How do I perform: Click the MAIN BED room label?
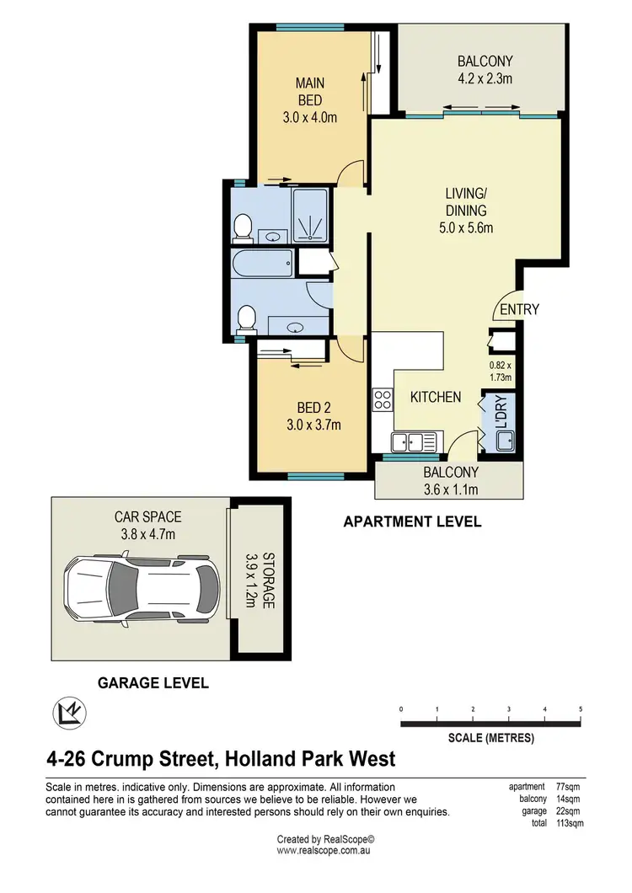click(x=310, y=92)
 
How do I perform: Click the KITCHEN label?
click(x=436, y=397)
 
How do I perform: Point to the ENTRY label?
click(x=519, y=310)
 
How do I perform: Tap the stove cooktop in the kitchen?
click(x=383, y=398)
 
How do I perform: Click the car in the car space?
click(x=141, y=585)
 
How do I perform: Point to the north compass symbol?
click(x=67, y=712)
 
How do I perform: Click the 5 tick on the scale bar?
click(x=581, y=709)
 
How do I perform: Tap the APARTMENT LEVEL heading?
click(x=412, y=522)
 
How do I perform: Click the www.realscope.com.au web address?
click(x=324, y=852)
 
